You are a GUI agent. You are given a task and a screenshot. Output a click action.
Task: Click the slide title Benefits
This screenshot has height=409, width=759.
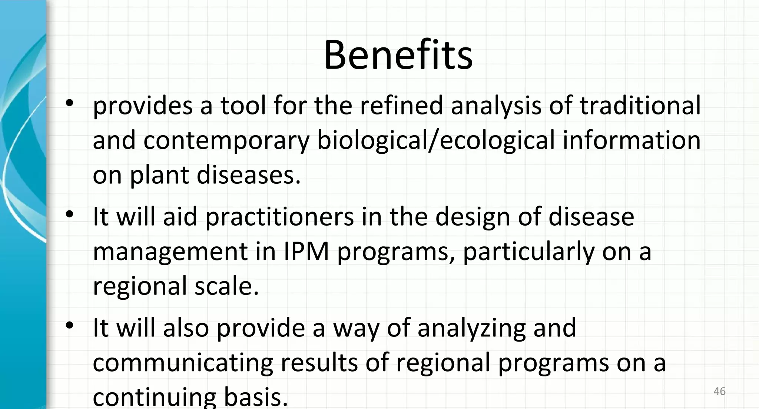tap(398, 55)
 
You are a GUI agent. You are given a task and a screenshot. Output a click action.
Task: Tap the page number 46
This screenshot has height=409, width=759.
tap(719, 391)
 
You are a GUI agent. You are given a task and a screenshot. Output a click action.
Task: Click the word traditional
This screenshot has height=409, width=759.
tap(640, 106)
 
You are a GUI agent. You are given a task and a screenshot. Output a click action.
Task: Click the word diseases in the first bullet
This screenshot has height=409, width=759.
tap(248, 175)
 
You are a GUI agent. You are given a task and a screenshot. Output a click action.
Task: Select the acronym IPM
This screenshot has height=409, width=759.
tap(306, 252)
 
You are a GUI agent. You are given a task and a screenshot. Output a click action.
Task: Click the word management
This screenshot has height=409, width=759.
tap(170, 252)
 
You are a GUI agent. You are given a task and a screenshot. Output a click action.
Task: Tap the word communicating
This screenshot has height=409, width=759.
tap(183, 363)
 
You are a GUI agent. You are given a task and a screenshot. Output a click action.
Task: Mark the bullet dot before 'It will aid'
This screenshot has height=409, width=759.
tap(69, 215)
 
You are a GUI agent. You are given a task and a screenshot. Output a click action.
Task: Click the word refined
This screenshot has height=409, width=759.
tap(401, 106)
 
